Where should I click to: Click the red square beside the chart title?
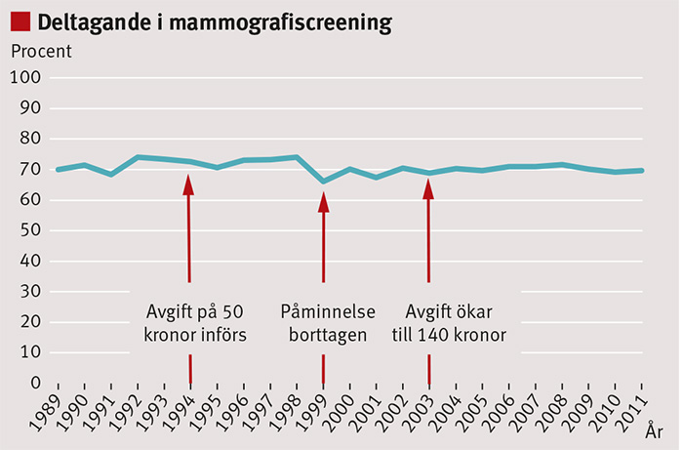pyautogui.click(x=20, y=20)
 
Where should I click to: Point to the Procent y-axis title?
pyautogui.click(x=40, y=51)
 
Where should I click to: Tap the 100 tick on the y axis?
pyautogui.click(x=24, y=78)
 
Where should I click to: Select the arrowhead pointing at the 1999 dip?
pyautogui.click(x=323, y=202)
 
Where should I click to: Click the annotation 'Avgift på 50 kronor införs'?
pyautogui.click(x=194, y=323)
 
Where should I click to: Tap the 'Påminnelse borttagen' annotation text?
pyautogui.click(x=323, y=323)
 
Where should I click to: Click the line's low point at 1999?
pyautogui.click(x=323, y=181)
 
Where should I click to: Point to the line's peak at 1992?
pyautogui.click(x=138, y=156)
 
